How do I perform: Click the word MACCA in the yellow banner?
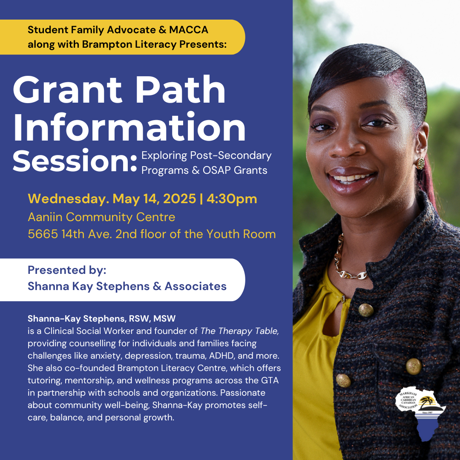(189, 30)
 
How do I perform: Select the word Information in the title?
(129, 126)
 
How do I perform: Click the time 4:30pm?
(232, 198)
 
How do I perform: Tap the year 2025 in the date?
(179, 198)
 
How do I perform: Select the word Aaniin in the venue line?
(45, 217)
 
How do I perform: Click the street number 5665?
(43, 234)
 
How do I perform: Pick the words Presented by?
(67, 270)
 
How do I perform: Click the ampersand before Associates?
(157, 286)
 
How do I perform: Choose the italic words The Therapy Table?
(239, 331)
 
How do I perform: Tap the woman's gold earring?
(420, 164)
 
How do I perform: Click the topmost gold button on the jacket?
(366, 310)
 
